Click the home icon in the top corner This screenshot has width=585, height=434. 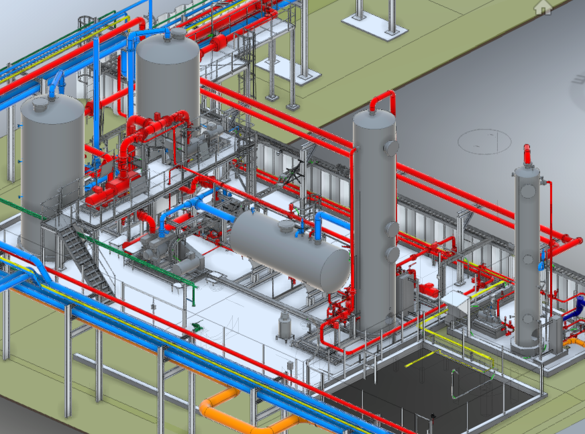click(x=542, y=7)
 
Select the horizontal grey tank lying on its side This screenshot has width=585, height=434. click(x=288, y=248)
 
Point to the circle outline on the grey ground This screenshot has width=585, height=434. click(x=484, y=140)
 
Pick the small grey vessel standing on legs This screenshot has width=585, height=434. click(x=285, y=326)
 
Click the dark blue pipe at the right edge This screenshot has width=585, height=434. click(x=574, y=309)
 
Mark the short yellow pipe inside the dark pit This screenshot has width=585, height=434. click(x=419, y=358)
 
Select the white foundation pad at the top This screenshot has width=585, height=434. click(x=374, y=24)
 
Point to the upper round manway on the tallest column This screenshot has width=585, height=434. click(x=390, y=148)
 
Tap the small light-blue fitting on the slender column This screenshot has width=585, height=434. click(x=541, y=265)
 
